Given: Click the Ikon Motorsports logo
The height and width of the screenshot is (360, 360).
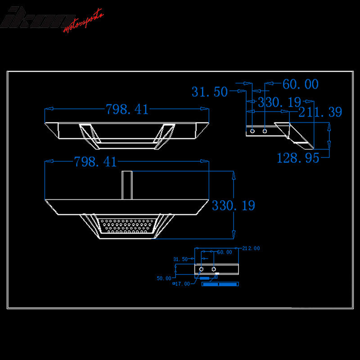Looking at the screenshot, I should pyautogui.click(x=53, y=19).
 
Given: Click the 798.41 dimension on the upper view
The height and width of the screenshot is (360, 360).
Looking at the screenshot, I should pyautogui.click(x=126, y=109).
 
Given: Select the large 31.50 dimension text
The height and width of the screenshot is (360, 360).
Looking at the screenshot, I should pyautogui.click(x=209, y=92).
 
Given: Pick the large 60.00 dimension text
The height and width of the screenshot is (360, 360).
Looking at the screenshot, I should pyautogui.click(x=300, y=85).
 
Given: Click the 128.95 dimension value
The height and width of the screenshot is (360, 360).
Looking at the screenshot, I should pyautogui.click(x=298, y=158).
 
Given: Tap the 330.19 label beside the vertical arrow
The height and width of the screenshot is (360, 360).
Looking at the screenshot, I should pyautogui.click(x=233, y=206).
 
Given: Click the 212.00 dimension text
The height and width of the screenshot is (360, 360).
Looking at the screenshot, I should pyautogui.click(x=251, y=248).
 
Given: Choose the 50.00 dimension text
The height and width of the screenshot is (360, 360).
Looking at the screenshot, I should pyautogui.click(x=164, y=279).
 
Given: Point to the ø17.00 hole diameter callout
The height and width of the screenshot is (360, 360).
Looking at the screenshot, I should pyautogui.click(x=182, y=284).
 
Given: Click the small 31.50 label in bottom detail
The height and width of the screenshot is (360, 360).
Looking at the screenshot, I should pyautogui.click(x=180, y=259).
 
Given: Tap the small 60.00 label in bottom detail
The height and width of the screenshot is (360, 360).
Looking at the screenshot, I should pyautogui.click(x=225, y=252).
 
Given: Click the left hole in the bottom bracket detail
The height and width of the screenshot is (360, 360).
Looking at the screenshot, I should pyautogui.click(x=201, y=269).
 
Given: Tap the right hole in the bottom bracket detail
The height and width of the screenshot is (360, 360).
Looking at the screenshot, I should pyautogui.click(x=213, y=269).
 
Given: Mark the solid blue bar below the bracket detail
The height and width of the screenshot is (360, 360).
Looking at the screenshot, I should pyautogui.click(x=220, y=284).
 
